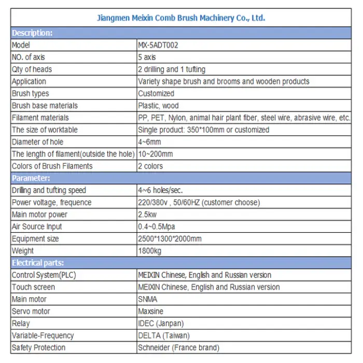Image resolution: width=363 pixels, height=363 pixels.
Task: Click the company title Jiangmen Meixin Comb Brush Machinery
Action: click(181, 18)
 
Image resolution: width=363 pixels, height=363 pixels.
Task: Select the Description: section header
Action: click(32, 33)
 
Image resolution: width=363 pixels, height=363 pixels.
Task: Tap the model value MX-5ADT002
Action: click(158, 45)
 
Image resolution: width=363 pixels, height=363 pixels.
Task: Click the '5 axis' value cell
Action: click(147, 57)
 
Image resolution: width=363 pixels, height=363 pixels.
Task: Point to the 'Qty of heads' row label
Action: click(32, 69)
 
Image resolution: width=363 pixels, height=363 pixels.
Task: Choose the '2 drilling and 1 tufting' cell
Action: click(172, 69)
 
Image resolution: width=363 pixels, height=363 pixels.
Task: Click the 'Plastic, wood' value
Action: click(158, 106)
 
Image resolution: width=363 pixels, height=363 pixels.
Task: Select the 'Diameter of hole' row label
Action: click(37, 142)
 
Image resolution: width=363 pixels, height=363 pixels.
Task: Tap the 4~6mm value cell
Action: click(149, 142)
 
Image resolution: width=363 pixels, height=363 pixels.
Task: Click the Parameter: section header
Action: click(31, 178)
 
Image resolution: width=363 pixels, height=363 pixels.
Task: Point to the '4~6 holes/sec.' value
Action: click(160, 190)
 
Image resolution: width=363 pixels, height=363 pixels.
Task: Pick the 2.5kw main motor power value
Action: click(147, 214)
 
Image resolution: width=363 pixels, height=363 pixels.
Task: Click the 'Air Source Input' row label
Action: click(37, 227)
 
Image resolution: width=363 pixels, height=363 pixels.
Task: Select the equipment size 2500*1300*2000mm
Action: click(170, 239)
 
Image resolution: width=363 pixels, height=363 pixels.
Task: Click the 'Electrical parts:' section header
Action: click(38, 263)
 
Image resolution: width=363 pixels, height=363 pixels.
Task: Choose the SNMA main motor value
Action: click(147, 299)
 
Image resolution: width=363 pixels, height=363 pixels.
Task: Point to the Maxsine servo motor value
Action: click(151, 311)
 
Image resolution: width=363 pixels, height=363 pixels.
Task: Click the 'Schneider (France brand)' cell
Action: click(178, 347)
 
